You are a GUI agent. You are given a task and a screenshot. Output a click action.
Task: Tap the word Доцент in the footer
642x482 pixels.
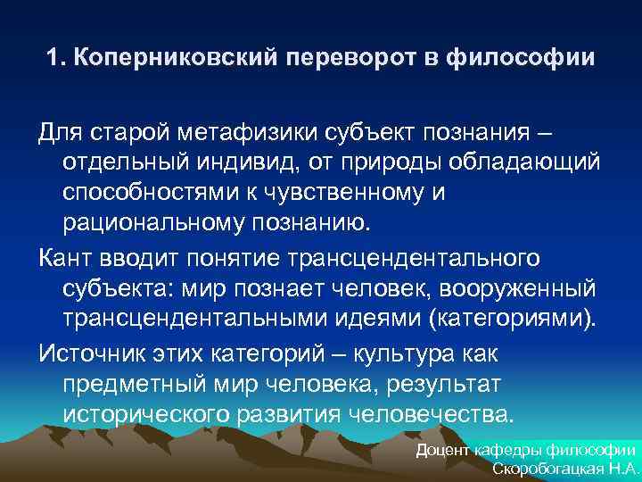[x=443, y=451]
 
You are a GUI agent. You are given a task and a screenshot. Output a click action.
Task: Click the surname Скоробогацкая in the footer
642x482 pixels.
[x=545, y=470]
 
